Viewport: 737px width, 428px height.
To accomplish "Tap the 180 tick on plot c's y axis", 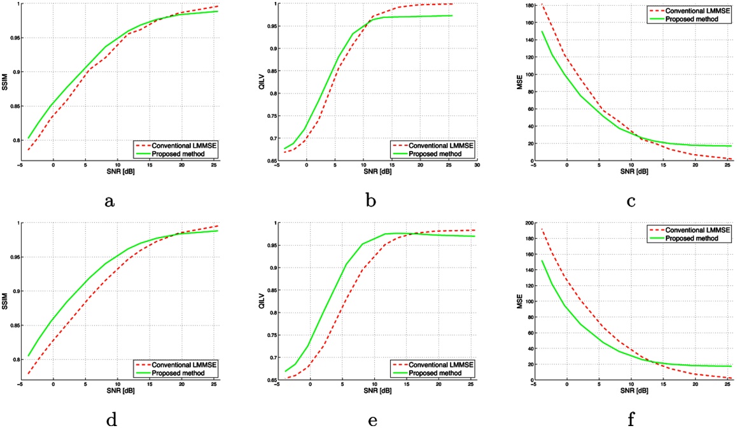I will [529, 5].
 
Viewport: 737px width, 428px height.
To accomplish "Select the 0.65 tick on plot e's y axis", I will [270, 380].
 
